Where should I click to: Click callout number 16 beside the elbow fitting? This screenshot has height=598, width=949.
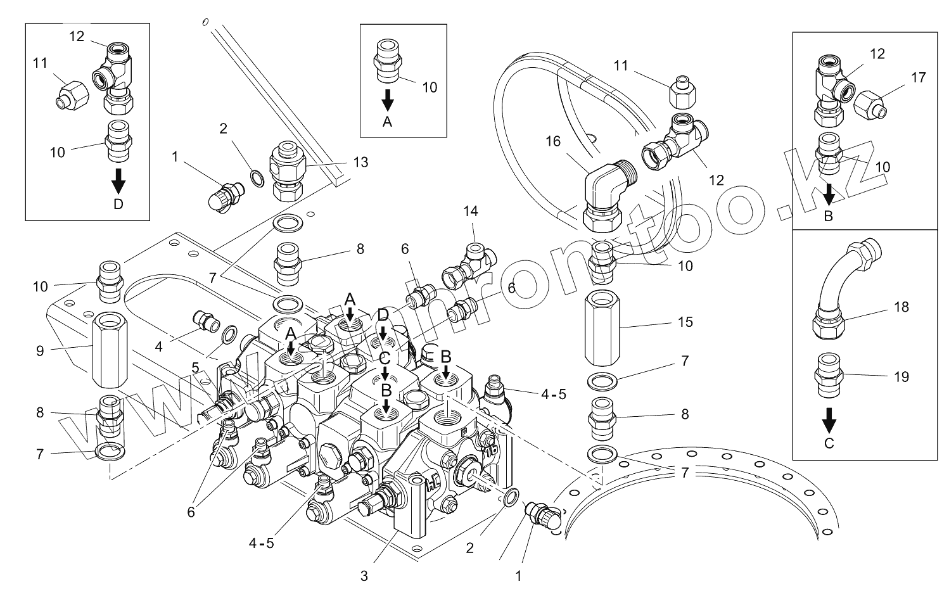point(553,141)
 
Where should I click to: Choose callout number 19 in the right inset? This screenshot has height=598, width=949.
point(901,377)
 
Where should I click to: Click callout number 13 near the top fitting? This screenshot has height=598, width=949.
point(360,163)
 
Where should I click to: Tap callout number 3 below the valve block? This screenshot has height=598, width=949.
point(364,576)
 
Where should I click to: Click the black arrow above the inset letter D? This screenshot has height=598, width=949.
point(118,183)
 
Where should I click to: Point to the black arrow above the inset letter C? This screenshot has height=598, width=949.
point(829,419)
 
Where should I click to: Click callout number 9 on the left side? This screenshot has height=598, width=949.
point(40,350)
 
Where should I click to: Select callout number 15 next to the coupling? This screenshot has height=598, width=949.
point(685,322)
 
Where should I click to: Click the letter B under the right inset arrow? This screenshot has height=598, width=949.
point(828,215)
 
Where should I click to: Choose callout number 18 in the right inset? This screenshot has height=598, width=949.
point(901,307)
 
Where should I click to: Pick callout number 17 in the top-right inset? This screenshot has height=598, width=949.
point(919,78)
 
